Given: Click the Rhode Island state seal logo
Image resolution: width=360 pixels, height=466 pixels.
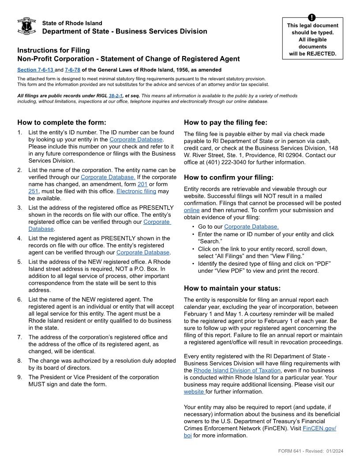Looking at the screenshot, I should (x=26, y=26).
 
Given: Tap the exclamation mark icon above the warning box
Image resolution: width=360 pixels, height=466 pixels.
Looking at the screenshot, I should (x=312, y=18).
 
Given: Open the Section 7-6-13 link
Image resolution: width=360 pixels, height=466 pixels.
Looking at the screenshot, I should (x=35, y=70).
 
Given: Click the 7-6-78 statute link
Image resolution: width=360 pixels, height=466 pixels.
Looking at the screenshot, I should (x=72, y=70).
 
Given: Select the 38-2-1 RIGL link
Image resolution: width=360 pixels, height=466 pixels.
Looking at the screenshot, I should (x=116, y=96).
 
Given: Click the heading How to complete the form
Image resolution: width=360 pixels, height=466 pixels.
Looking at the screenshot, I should (x=62, y=123).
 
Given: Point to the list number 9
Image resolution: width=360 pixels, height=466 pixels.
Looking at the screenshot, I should (x=20, y=377).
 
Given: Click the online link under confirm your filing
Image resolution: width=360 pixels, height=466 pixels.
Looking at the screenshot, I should (x=191, y=210).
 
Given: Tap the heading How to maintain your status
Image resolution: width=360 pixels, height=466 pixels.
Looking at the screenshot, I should (x=232, y=289).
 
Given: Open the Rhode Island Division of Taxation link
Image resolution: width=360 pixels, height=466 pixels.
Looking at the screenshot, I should (x=237, y=371).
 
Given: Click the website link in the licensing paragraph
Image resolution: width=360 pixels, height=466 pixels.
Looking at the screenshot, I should (x=194, y=391).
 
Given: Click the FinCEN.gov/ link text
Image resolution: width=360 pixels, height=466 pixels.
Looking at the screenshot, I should (x=319, y=428).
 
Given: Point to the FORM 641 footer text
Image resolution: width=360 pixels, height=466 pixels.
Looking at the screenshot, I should (x=311, y=451).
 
